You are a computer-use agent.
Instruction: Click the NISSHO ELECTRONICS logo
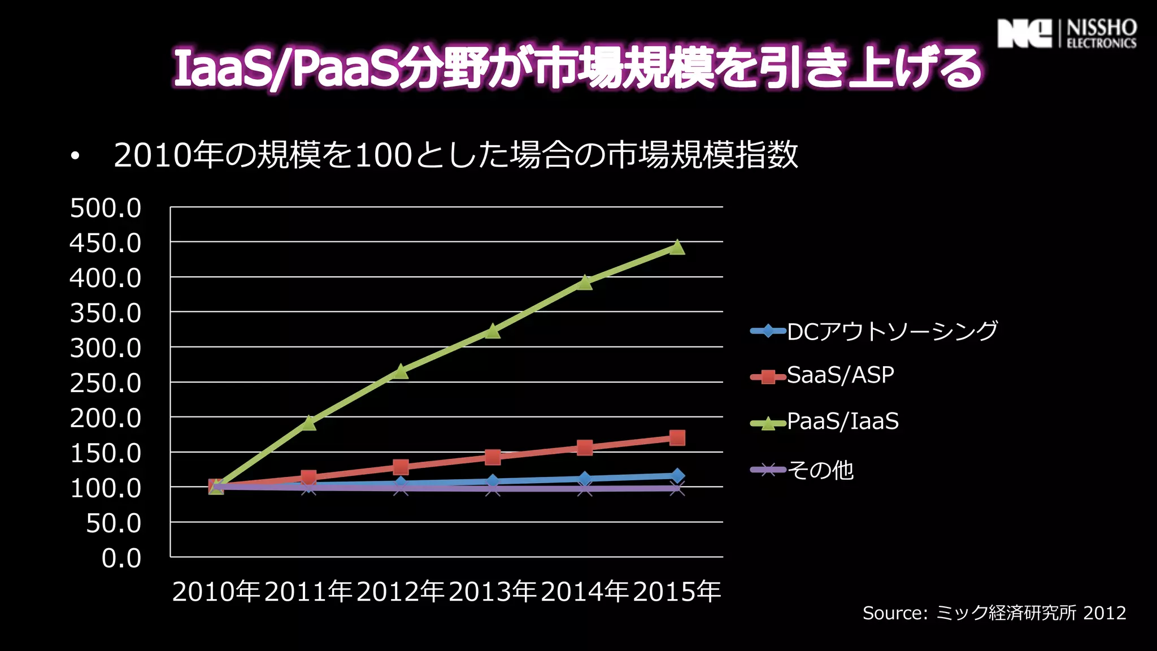[1067, 34]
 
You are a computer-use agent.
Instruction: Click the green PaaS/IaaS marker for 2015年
[677, 248]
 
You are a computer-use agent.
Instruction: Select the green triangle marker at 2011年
[308, 423]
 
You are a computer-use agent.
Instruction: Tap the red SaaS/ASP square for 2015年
[677, 437]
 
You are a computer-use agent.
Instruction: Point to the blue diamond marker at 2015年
[677, 476]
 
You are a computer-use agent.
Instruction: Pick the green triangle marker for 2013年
[493, 331]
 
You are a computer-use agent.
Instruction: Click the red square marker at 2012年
[401, 467]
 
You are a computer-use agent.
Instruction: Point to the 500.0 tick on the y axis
[106, 208]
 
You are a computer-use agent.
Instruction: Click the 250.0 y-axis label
[106, 383]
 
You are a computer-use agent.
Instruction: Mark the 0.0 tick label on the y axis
[121, 558]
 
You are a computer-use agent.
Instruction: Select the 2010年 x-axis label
[216, 592]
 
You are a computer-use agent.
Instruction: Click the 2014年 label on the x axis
[585, 592]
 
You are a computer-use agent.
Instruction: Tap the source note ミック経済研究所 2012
[994, 613]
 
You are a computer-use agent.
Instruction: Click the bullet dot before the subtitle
[75, 157]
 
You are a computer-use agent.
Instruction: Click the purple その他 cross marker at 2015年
[677, 489]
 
